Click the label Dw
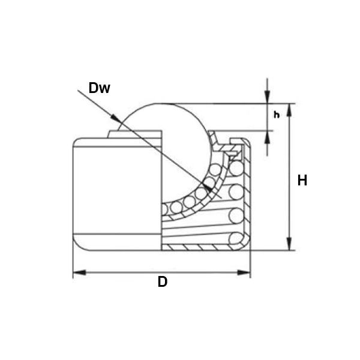click(99, 88)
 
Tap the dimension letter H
click(302, 180)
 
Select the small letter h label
click(277, 115)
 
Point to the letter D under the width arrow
click(163, 282)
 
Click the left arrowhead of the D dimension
click(79, 272)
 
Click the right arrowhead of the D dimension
click(244, 272)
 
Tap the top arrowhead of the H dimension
click(289, 110)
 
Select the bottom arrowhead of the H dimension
click(289, 244)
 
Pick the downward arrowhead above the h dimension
click(267, 97)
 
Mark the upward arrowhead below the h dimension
click(267, 137)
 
